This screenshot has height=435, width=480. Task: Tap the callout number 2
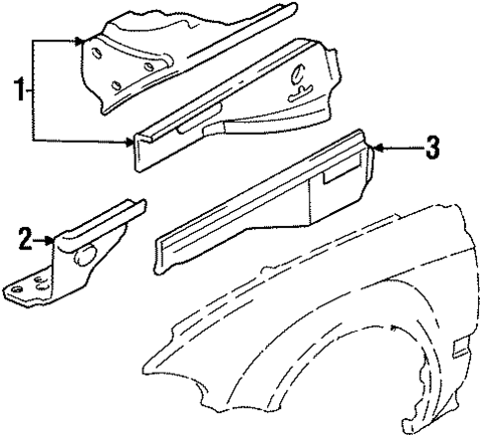pyautogui.click(x=25, y=238)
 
